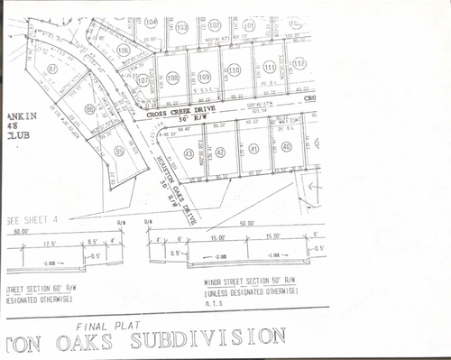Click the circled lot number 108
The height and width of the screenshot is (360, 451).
tap(172, 77)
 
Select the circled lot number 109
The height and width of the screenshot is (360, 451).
tap(204, 76)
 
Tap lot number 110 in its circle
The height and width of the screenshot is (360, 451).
tap(235, 69)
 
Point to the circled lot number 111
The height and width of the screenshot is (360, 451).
tap(269, 66)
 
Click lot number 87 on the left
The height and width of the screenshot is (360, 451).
tap(52, 69)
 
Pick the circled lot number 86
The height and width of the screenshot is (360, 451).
tap(89, 109)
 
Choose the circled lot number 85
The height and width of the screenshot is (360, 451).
tap(120, 152)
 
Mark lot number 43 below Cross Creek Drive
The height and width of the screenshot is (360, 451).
tap(188, 154)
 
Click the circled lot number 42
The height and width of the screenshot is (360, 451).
tap(221, 152)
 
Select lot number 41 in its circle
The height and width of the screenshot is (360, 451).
tap(253, 148)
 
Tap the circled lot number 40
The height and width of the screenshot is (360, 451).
tap(286, 146)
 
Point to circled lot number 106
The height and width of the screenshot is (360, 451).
tap(123, 51)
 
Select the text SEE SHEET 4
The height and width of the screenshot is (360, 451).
tap(31, 219)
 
